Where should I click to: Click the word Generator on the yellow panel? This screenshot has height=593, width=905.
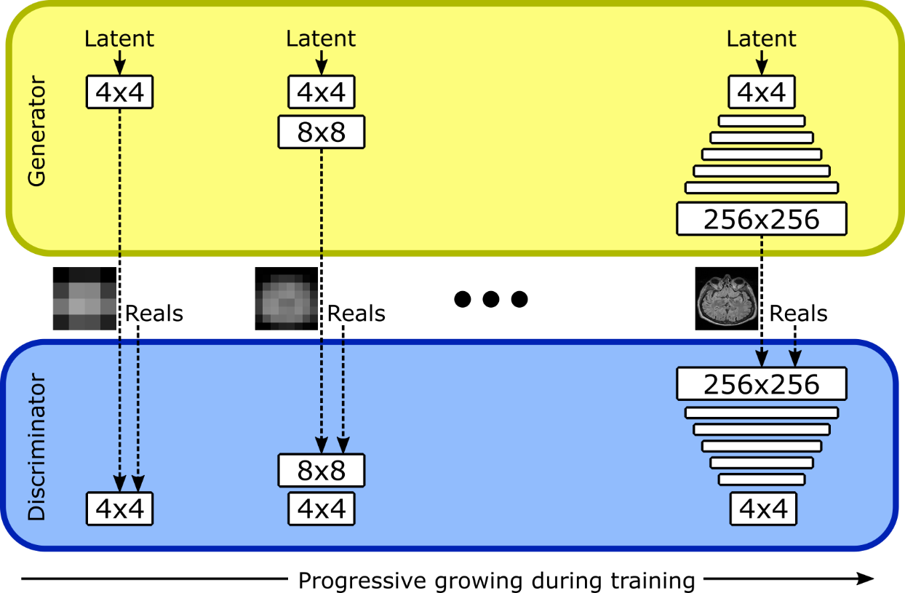coord(36,131)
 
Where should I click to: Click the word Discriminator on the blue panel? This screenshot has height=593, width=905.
coord(36,447)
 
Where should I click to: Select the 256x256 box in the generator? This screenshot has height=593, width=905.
coord(761,219)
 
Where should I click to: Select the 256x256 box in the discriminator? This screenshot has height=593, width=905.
coord(761,383)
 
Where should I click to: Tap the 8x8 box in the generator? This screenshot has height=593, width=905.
coord(321,132)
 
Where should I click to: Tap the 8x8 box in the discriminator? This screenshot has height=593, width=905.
coord(321,470)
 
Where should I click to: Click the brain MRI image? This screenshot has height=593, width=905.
coord(727,300)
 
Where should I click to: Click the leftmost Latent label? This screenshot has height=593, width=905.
coord(119,39)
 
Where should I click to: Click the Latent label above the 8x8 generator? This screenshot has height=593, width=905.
coord(321,39)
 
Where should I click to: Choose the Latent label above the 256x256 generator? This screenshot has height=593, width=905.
coord(761,39)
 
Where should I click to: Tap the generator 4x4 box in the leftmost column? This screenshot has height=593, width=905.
coord(119,92)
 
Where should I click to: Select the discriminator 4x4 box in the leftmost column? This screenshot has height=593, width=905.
coord(119,508)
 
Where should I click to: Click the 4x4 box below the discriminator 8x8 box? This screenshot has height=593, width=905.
coord(321,508)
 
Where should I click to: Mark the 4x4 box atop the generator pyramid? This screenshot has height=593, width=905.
coord(761,92)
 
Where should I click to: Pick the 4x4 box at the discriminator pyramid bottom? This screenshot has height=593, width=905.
coord(762,508)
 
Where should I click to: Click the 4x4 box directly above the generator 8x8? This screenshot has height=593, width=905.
coord(321,92)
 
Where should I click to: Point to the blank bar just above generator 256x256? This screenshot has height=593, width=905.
coord(761,188)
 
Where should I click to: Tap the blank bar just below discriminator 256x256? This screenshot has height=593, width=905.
coord(761,413)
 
